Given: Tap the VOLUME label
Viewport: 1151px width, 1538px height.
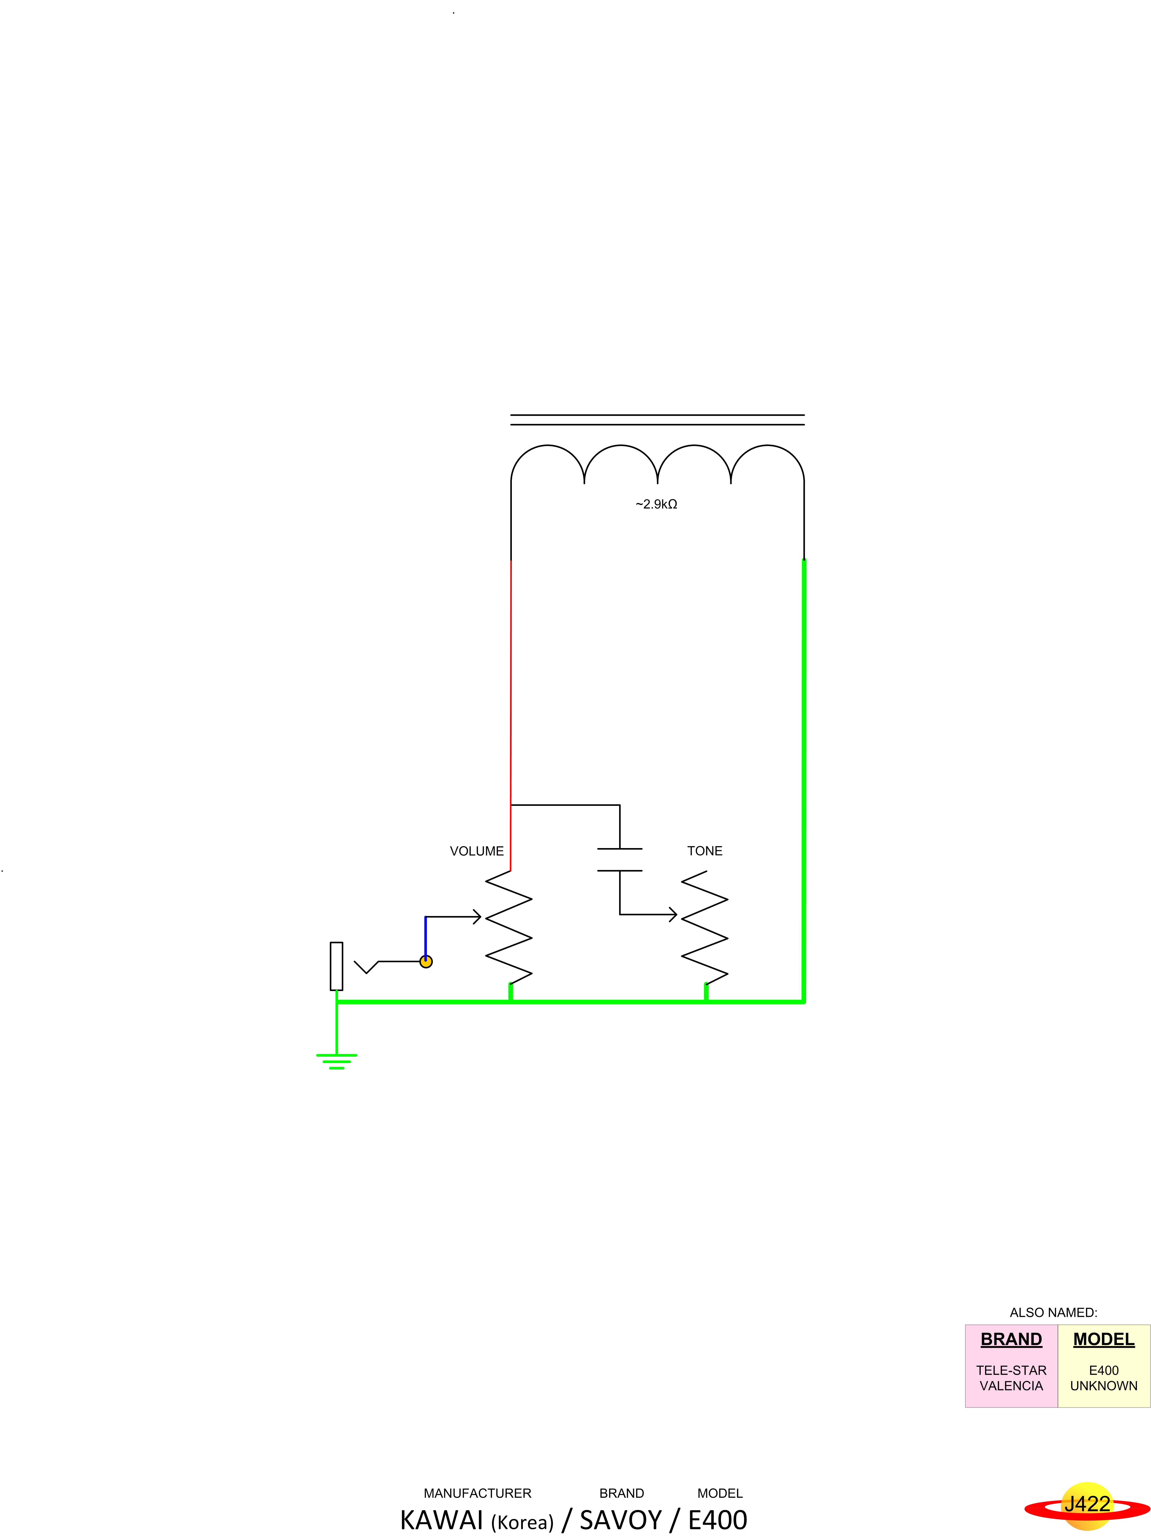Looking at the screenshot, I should (476, 851).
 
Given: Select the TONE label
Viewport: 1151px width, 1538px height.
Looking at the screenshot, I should (704, 851).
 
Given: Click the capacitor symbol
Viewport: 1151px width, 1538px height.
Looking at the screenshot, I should (620, 859).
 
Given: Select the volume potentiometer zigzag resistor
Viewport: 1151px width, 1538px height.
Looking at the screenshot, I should (509, 928).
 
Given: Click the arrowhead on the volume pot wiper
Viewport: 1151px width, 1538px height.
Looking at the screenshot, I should (477, 917).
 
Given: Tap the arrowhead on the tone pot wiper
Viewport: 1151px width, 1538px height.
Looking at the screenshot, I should (673, 914).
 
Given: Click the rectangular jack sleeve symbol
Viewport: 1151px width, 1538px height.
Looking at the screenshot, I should (337, 966).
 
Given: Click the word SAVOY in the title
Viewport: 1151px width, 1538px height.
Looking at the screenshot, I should (620, 1520).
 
